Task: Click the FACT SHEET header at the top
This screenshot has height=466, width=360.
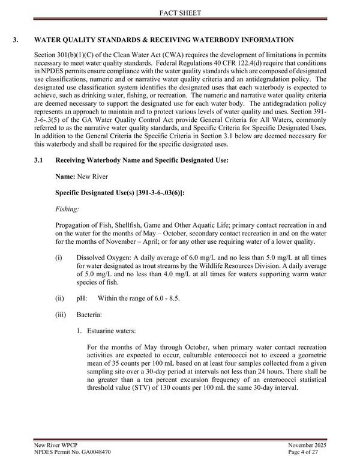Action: (x=180, y=12)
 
